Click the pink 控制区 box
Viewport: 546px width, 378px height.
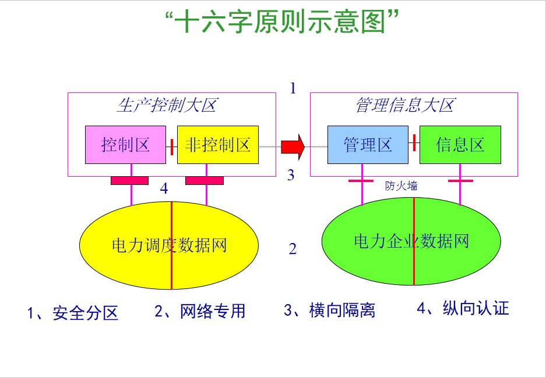pyautogui.click(x=125, y=145)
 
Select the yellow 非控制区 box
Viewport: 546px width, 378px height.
pyautogui.click(x=218, y=145)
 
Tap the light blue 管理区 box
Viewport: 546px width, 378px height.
pyautogui.click(x=368, y=145)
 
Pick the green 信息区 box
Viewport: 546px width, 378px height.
pyautogui.click(x=460, y=145)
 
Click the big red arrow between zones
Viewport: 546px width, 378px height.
pyautogui.click(x=293, y=147)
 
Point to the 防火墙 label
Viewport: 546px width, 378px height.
pyautogui.click(x=401, y=186)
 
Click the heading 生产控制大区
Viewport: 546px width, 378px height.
pyautogui.click(x=167, y=105)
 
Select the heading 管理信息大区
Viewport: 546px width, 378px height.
pyautogui.click(x=406, y=105)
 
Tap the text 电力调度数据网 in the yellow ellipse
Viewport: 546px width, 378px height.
pyautogui.click(x=169, y=245)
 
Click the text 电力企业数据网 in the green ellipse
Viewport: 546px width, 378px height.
pyautogui.click(x=411, y=241)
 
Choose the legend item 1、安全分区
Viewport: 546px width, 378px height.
pyautogui.click(x=73, y=313)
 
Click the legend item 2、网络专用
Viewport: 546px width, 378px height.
pyautogui.click(x=200, y=311)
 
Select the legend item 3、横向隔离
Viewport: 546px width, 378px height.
pyautogui.click(x=329, y=310)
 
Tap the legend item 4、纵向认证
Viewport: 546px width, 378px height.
pyautogui.click(x=463, y=308)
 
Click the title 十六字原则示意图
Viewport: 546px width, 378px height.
pyautogui.click(x=281, y=21)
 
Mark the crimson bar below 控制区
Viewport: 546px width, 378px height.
pyautogui.click(x=129, y=181)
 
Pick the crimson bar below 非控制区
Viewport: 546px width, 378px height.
pyautogui.click(x=205, y=181)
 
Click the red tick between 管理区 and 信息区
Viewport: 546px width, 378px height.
pyautogui.click(x=414, y=143)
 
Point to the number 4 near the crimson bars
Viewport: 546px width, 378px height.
pyautogui.click(x=164, y=188)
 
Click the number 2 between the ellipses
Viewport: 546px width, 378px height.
pyautogui.click(x=293, y=249)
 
